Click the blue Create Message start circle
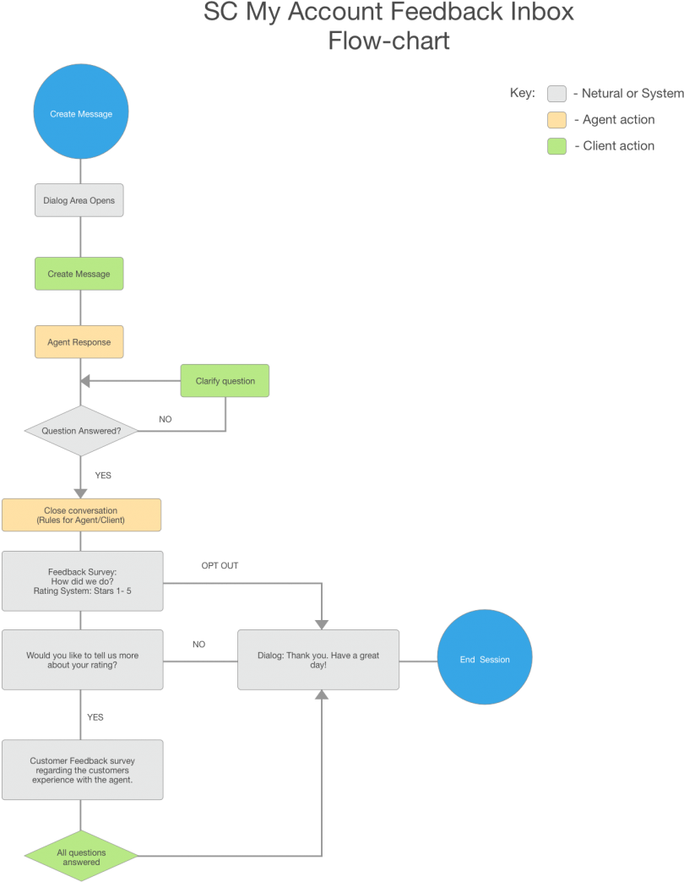(x=80, y=113)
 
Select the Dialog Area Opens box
(x=79, y=201)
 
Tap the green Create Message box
(x=79, y=274)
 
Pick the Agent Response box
(x=79, y=342)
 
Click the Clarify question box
(x=225, y=381)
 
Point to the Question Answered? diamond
(x=81, y=431)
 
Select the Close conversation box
(x=81, y=515)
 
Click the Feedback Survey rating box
(x=82, y=580)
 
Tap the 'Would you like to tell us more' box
(x=82, y=659)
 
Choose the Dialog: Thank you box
(x=318, y=659)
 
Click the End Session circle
(x=485, y=659)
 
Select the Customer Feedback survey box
(x=82, y=770)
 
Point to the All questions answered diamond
(x=81, y=857)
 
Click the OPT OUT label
(x=220, y=566)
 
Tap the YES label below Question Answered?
(x=103, y=476)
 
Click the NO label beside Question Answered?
(x=166, y=419)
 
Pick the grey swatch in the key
(x=556, y=94)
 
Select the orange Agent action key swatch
(x=556, y=120)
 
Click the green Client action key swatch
(x=556, y=146)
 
